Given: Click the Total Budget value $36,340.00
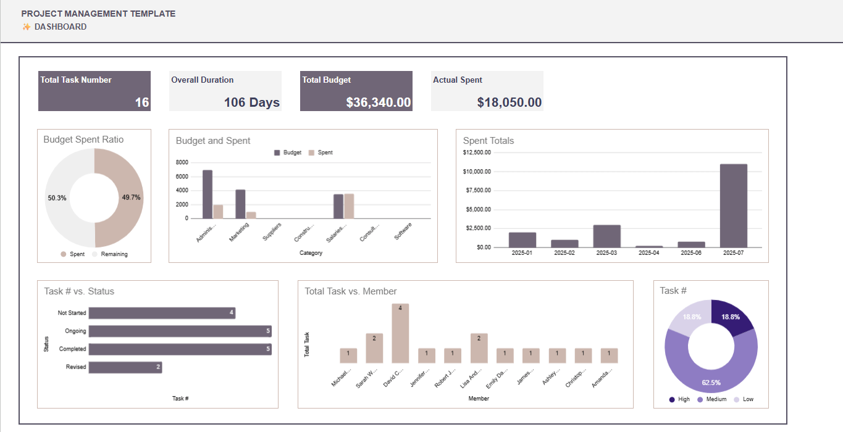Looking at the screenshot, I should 378,102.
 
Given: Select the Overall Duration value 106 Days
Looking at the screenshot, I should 251,102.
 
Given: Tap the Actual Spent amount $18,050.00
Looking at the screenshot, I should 510,102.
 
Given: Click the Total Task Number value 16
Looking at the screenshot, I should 142,102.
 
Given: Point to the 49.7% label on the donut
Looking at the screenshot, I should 131,198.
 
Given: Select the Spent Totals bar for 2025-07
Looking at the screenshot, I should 733,206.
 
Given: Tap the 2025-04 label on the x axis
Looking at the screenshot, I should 649,253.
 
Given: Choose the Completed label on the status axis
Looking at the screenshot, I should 72,349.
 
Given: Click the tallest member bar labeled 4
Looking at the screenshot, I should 400,333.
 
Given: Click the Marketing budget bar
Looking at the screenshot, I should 240,204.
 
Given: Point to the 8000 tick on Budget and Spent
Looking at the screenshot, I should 182,162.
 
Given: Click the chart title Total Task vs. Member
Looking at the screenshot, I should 351,291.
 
